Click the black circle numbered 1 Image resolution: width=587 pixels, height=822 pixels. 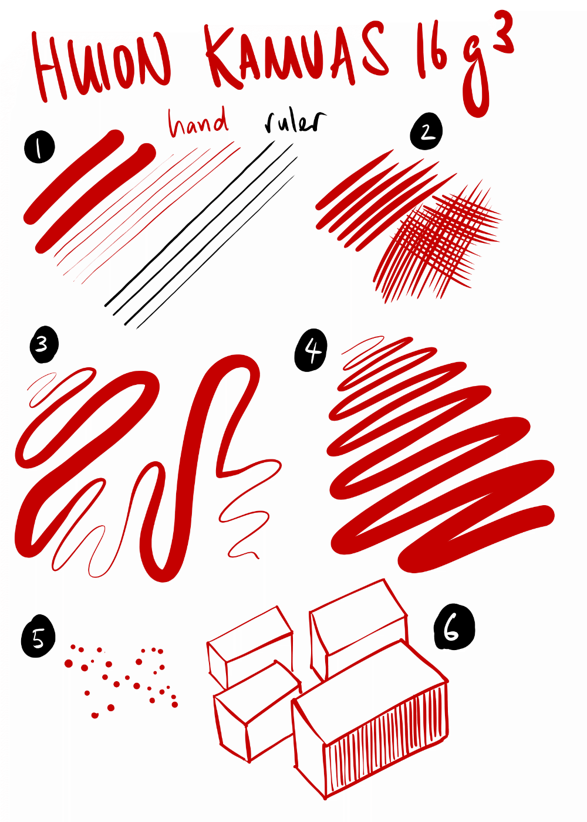39,147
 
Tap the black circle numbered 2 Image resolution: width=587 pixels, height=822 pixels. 426,131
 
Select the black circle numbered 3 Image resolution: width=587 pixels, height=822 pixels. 44,344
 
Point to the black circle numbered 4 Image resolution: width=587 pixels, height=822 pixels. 311,350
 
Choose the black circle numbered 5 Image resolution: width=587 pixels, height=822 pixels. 38,638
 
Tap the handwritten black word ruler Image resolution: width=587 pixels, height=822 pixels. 295,122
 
